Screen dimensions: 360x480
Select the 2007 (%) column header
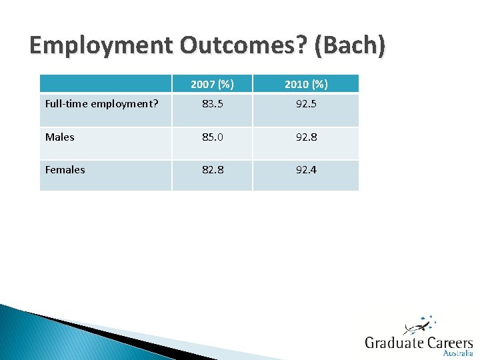(212, 84)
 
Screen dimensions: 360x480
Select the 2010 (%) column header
(305, 84)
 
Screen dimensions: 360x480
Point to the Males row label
(60, 137)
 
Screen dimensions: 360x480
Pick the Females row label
(65, 169)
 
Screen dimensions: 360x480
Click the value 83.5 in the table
(212, 104)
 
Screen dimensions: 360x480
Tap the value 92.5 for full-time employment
(305, 104)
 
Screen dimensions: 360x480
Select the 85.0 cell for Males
(212, 137)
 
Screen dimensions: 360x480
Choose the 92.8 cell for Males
(305, 137)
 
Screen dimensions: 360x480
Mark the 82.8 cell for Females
(212, 169)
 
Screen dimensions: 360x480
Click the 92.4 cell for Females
(305, 169)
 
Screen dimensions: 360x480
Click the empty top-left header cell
(105, 84)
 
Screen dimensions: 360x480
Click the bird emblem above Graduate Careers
(418, 326)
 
